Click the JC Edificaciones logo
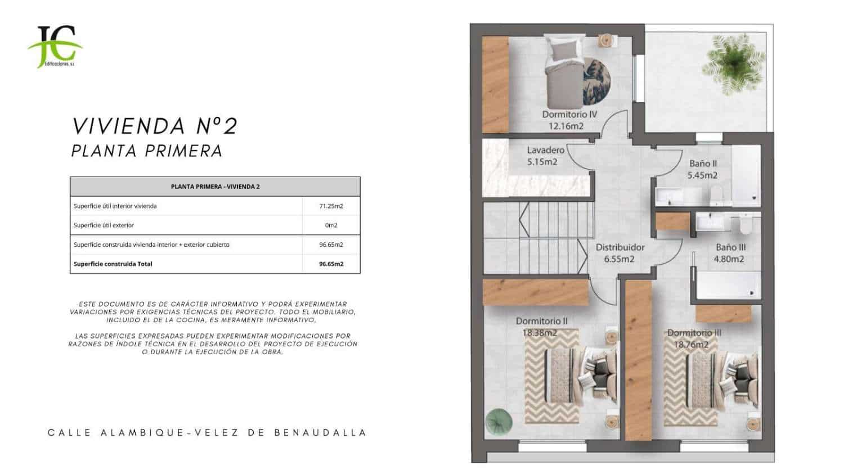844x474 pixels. (x=55, y=47)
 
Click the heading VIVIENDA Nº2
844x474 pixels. (x=155, y=126)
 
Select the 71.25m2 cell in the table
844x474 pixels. (x=331, y=206)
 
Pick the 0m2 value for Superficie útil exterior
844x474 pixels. (x=331, y=225)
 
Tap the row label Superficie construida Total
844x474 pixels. (x=113, y=264)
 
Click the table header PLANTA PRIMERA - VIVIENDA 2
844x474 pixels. (x=215, y=187)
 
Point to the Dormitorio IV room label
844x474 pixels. (x=569, y=114)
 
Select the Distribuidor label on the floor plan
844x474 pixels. (x=620, y=247)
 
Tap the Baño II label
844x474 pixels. (x=703, y=164)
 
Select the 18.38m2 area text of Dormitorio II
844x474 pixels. (x=540, y=333)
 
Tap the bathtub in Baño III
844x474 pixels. (x=728, y=286)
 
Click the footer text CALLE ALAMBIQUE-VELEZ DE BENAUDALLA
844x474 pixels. (x=206, y=433)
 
